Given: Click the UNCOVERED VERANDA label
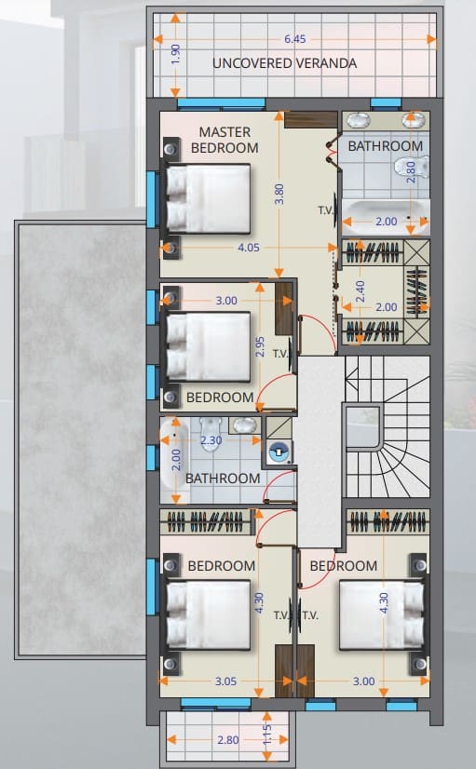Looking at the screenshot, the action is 285,63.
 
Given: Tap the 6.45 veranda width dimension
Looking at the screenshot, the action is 295,39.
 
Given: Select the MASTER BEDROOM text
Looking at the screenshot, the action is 224,140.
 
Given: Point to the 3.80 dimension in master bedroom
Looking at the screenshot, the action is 279,195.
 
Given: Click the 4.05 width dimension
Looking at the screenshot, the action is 249,248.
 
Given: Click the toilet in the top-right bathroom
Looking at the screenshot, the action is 411,167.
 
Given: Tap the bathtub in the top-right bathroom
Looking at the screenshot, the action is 386,217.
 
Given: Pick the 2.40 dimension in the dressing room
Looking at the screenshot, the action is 360,291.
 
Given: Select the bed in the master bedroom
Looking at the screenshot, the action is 209,198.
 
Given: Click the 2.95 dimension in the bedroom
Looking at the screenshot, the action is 261,346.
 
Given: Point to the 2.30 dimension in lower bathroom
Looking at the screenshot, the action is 211,440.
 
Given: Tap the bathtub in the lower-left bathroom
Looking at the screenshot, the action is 174,454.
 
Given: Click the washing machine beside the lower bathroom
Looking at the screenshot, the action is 279,452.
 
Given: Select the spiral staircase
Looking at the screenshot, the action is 388,427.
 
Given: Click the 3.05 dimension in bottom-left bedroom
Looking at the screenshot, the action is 225,681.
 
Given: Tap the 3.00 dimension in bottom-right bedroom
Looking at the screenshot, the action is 364,681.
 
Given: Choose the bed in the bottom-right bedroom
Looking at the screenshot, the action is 382,615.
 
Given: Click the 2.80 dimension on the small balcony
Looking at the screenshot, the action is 228,740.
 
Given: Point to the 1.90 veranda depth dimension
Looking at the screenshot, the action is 176,54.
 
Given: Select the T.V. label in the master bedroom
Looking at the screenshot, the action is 326,210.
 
